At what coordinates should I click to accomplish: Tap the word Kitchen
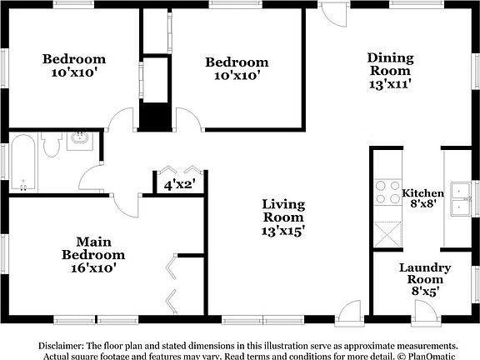pos(422,193)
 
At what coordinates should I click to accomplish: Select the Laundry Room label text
pos(425,273)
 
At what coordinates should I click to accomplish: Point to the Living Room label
pos(283,211)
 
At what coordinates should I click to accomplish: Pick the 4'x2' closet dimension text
pos(177,185)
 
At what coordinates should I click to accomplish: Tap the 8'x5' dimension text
pos(425,292)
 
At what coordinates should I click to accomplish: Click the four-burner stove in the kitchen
pos(387,192)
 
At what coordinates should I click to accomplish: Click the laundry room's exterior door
pos(425,312)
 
